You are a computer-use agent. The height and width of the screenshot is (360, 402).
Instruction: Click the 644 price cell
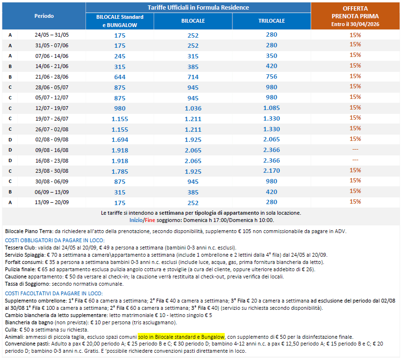(x=119, y=77)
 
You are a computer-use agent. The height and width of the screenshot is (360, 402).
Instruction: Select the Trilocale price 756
(x=271, y=76)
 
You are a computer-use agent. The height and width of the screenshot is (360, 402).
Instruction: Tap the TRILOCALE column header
(x=271, y=21)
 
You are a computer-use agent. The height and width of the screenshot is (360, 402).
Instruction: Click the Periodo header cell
(x=44, y=16)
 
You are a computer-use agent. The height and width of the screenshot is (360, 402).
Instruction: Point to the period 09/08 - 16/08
(x=52, y=150)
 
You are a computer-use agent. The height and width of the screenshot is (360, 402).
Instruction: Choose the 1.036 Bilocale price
(x=193, y=108)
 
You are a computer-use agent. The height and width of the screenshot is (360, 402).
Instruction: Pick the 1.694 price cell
(x=119, y=139)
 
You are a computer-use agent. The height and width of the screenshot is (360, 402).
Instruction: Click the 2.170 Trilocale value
(x=271, y=170)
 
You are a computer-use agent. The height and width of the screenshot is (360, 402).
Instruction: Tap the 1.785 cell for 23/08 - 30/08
(x=119, y=171)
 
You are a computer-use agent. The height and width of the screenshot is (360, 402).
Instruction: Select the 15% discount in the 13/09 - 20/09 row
(x=355, y=202)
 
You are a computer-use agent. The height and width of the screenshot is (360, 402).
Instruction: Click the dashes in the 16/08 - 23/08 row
(x=355, y=160)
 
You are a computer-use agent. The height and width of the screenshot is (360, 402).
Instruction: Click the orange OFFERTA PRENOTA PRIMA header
(x=355, y=15)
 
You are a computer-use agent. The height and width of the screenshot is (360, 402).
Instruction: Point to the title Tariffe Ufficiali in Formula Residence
(x=198, y=8)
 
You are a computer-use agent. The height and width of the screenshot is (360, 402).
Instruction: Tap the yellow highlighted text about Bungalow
(x=181, y=336)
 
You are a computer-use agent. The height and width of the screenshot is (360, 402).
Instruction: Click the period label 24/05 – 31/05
(x=52, y=35)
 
